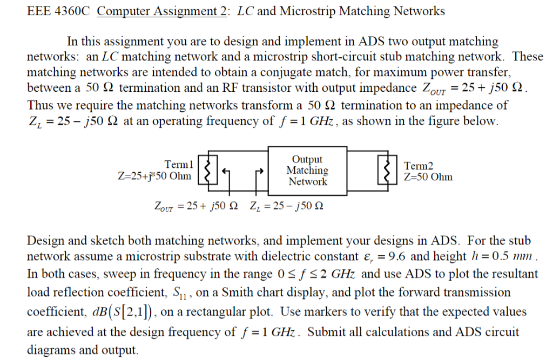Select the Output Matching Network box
tap(307, 170)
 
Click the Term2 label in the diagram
tap(419, 166)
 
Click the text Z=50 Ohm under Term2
tap(428, 177)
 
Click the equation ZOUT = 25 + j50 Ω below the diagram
tap(197, 206)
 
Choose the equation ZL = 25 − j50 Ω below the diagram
tap(287, 206)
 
